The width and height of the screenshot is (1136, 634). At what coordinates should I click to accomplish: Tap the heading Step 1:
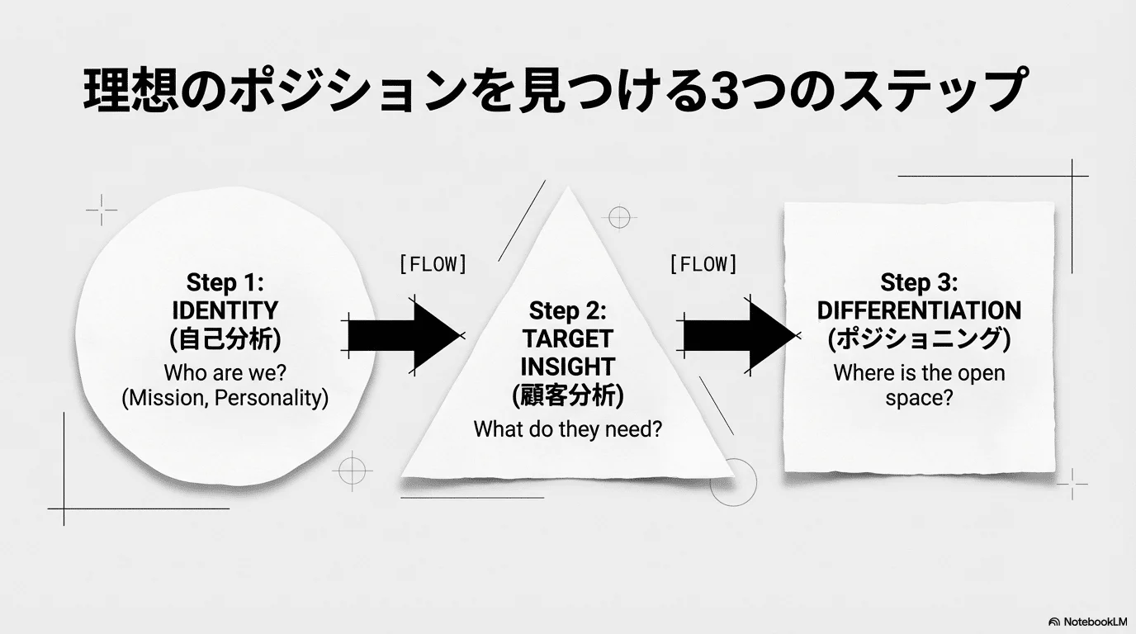tap(225, 282)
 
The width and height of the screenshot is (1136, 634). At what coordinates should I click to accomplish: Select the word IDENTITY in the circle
tap(225, 311)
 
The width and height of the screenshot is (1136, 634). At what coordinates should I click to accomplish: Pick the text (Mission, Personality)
tap(225, 398)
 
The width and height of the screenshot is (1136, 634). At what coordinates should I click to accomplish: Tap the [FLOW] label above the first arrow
tap(433, 265)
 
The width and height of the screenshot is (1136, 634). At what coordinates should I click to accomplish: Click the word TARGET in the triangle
tap(567, 338)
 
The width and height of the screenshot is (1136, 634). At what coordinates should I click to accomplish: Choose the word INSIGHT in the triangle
tap(567, 367)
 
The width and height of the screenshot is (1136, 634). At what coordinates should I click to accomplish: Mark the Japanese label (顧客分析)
tap(567, 396)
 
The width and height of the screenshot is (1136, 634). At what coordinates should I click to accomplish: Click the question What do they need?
tap(567, 429)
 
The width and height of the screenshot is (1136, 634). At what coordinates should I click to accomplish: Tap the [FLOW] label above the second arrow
tap(703, 265)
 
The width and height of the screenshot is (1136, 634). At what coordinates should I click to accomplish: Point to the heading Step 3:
tap(919, 282)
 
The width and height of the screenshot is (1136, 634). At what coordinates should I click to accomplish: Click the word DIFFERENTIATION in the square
tap(919, 311)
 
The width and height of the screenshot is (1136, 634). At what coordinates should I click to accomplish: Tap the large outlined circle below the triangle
tap(733, 483)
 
